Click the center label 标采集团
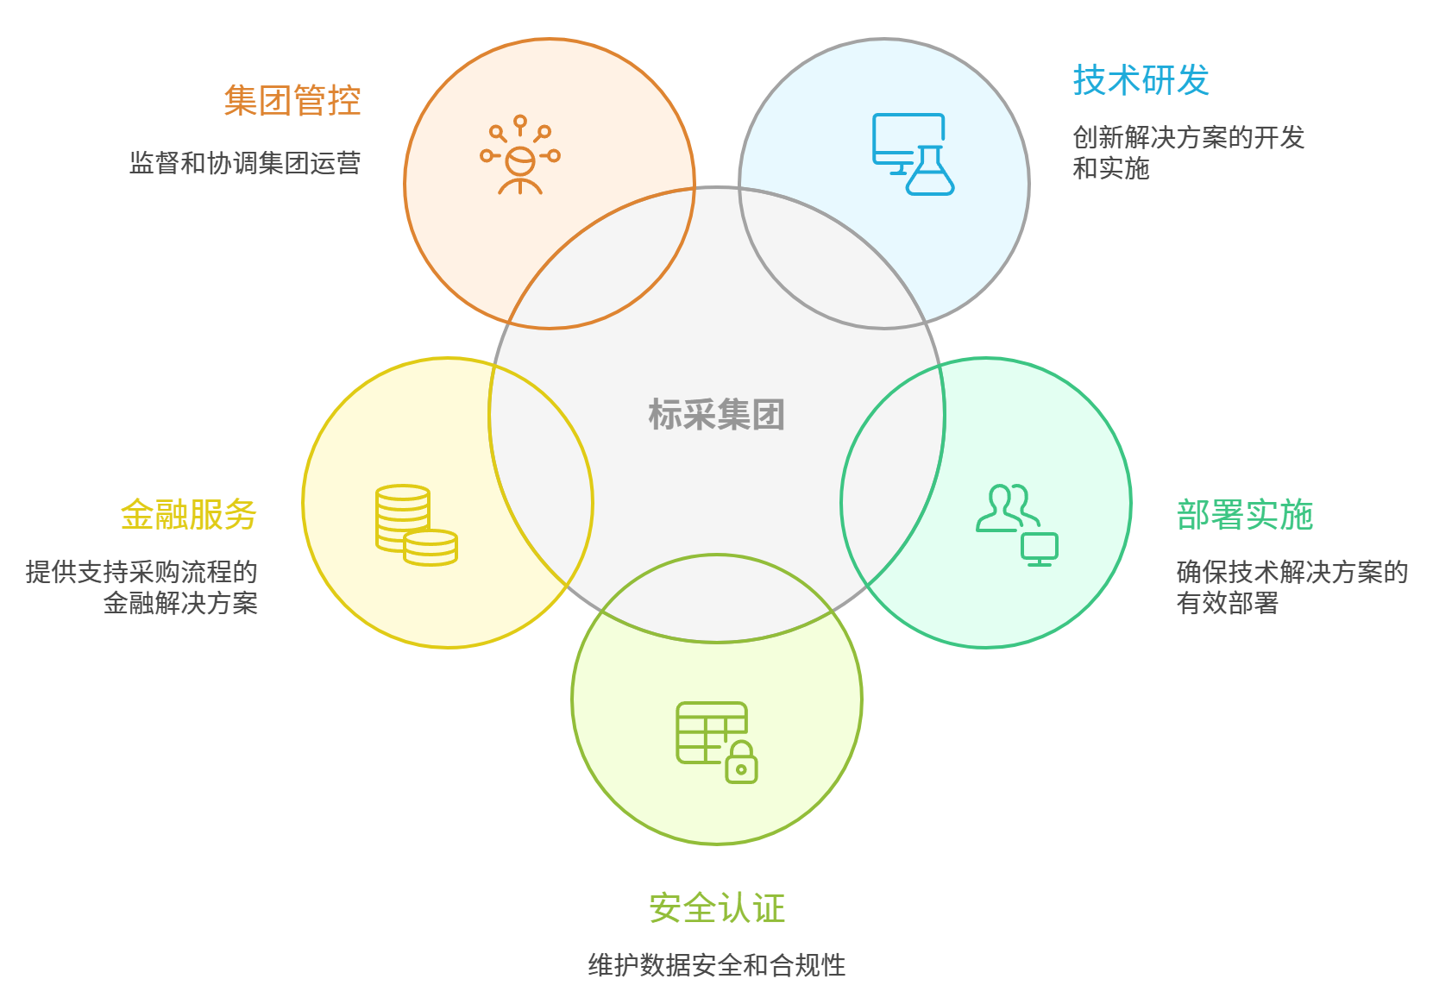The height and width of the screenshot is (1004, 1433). point(716,415)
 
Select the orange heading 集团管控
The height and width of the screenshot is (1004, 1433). point(292,101)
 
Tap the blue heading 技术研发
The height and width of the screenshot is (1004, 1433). point(1141,80)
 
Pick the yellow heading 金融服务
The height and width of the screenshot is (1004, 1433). point(189,515)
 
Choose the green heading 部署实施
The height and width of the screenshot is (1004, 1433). point(1244,515)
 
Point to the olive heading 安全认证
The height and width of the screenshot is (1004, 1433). point(716,907)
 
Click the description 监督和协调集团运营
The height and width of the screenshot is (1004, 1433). point(245,163)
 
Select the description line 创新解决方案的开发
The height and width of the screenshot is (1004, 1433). point(1188,137)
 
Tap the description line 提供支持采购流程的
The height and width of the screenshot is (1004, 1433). point(142,572)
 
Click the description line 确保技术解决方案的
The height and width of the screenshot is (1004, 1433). point(1292,572)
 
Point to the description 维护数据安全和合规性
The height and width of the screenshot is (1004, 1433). point(716,964)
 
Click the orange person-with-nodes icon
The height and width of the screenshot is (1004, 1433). point(520,155)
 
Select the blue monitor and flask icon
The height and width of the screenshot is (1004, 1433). point(912,154)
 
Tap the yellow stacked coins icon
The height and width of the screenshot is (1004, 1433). point(416,525)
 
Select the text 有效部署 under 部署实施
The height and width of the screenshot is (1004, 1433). point(1227,603)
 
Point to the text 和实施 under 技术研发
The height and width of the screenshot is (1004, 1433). point(1111,168)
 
